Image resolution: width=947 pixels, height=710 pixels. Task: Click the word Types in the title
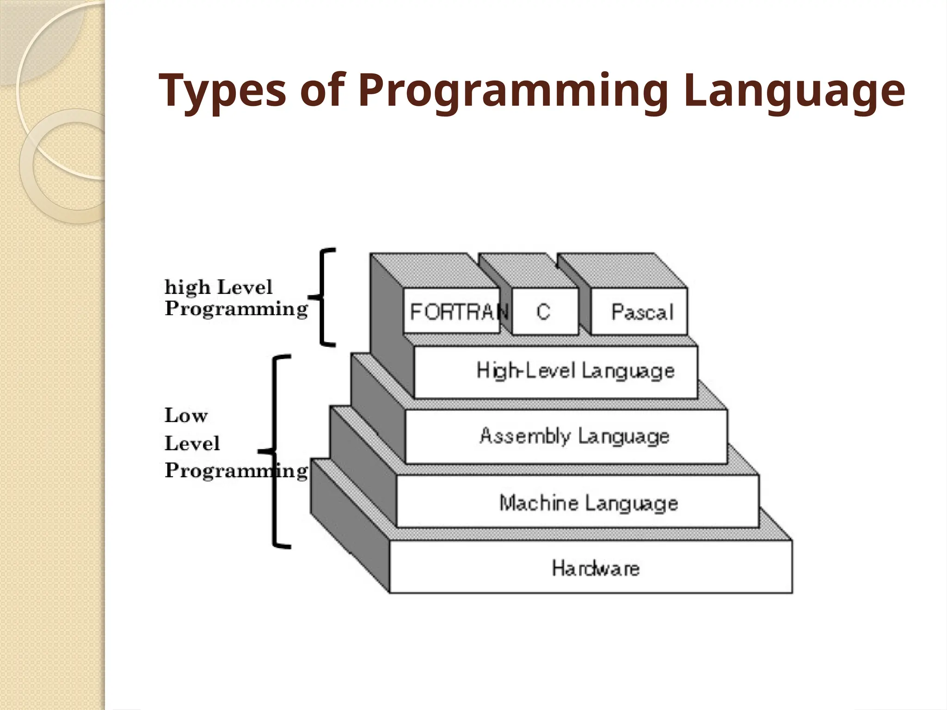pyautogui.click(x=222, y=91)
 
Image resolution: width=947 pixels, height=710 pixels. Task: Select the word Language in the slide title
pyautogui.click(x=793, y=91)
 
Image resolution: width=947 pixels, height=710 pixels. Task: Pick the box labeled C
pyautogui.click(x=544, y=312)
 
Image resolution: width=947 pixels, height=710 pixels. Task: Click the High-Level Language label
pyautogui.click(x=575, y=371)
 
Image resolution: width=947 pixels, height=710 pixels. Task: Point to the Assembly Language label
pyautogui.click(x=574, y=436)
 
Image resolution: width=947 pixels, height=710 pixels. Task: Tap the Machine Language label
pyautogui.click(x=588, y=502)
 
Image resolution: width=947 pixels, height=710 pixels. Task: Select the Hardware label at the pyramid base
pyautogui.click(x=596, y=568)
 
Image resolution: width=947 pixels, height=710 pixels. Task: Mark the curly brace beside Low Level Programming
pyautogui.click(x=277, y=452)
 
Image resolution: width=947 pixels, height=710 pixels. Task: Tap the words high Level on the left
pyautogui.click(x=218, y=288)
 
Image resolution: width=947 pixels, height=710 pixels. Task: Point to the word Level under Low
pyautogui.click(x=192, y=443)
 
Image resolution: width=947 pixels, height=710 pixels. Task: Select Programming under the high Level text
pyautogui.click(x=236, y=308)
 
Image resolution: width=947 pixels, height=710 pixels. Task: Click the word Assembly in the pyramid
pyautogui.click(x=524, y=436)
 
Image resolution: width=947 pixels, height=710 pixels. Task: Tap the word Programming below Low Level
pyautogui.click(x=236, y=471)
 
